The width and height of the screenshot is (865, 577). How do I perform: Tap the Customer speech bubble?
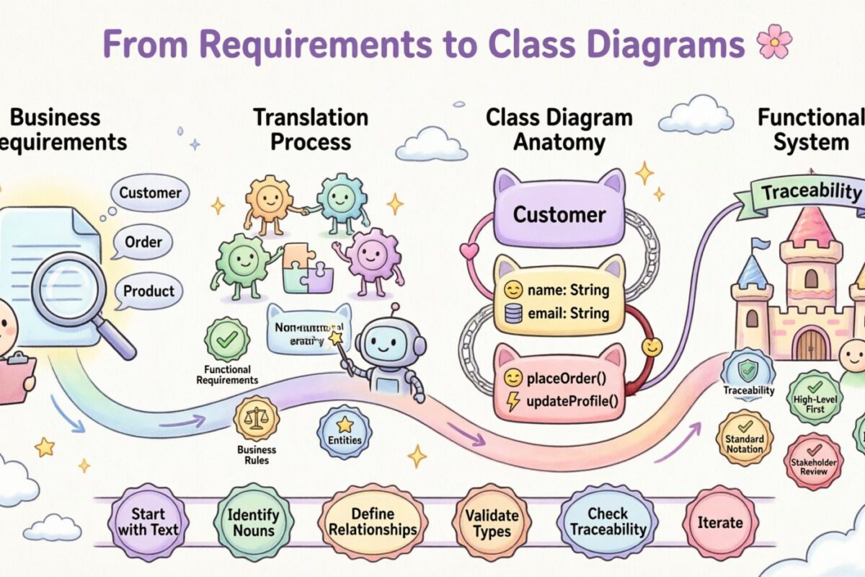click(151, 193)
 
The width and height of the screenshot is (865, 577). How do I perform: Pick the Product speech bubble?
click(148, 291)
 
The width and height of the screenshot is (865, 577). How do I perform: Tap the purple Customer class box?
click(559, 214)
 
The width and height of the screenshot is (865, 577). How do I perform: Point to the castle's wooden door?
click(811, 343)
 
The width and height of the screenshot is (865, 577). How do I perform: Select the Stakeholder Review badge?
click(813, 462)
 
